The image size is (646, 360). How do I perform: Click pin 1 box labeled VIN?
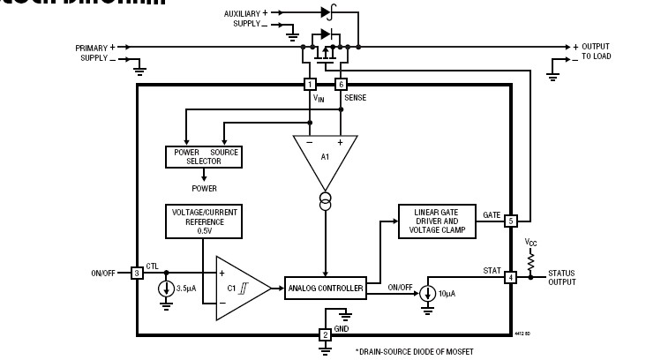point(310,85)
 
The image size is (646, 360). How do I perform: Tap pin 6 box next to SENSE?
point(341,85)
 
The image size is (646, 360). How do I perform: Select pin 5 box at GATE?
point(511,221)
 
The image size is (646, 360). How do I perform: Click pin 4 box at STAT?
point(510,278)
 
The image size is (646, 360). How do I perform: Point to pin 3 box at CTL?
point(137,274)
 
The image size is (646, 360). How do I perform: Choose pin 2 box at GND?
point(325,334)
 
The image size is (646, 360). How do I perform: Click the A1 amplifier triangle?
point(325,158)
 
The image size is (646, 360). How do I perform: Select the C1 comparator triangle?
point(239,287)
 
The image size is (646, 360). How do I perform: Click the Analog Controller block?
point(324,288)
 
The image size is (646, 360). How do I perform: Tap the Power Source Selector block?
point(203,157)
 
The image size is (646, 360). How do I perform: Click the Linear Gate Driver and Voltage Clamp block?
point(437,221)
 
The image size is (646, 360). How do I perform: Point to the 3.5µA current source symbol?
point(166,289)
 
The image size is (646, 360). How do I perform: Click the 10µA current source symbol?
point(427,293)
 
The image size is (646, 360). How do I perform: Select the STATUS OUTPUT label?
point(561,278)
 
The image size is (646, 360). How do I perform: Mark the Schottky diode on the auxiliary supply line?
point(327,13)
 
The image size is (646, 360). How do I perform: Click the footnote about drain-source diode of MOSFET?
point(416,351)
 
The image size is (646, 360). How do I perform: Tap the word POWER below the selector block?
point(204,188)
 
